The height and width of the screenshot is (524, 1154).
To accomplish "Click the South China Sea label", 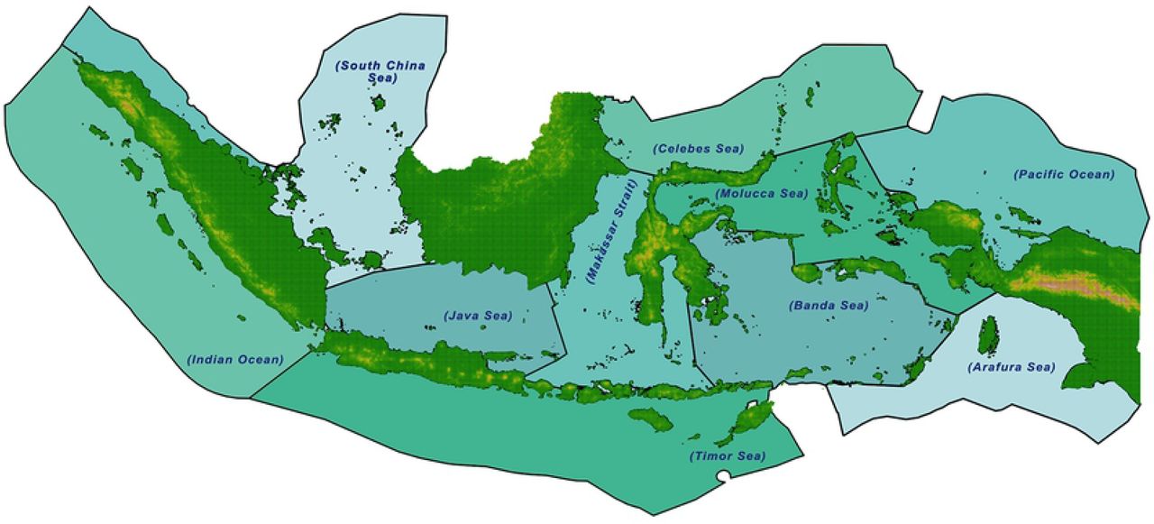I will pos(380,72).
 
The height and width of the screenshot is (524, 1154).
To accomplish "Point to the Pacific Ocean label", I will pos(1064,174).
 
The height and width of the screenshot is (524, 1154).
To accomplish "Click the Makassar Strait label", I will pos(614,232).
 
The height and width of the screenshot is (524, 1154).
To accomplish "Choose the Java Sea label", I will pos(478,316).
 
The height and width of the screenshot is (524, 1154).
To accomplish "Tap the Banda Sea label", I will pos(828,306).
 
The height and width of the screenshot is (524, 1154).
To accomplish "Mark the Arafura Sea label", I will pos(1011,368).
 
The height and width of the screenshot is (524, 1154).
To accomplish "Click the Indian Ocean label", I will pos(235,360).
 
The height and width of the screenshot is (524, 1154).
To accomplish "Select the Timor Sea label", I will pos(727,456).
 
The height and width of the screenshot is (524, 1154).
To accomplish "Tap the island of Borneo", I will pos(505,207).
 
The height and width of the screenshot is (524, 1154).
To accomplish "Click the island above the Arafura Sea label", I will pos(988,335).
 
